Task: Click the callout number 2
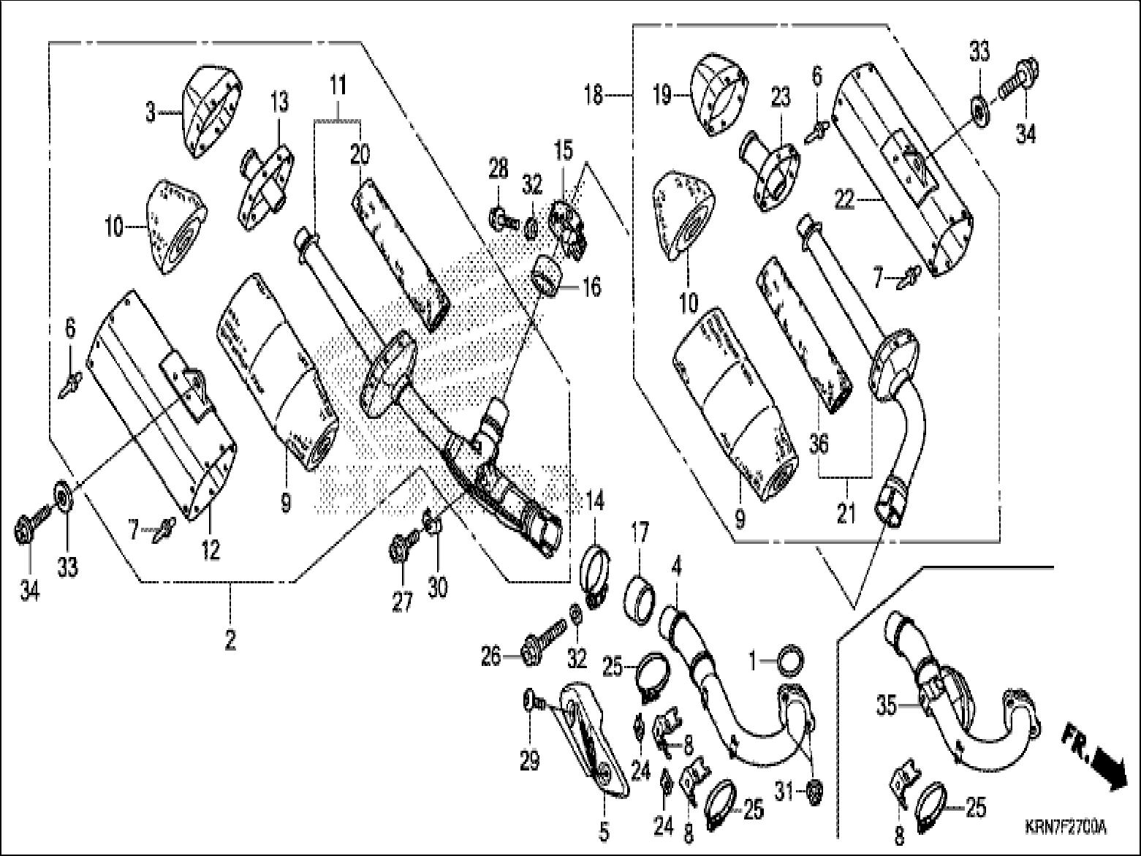pyautogui.click(x=230, y=640)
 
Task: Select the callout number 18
pyautogui.click(x=594, y=96)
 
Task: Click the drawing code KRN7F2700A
pyautogui.click(x=1064, y=829)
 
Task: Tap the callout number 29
pyautogui.click(x=530, y=761)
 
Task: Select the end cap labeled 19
pyautogui.click(x=719, y=94)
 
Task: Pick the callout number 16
pyautogui.click(x=591, y=287)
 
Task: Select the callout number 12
pyautogui.click(x=211, y=550)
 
